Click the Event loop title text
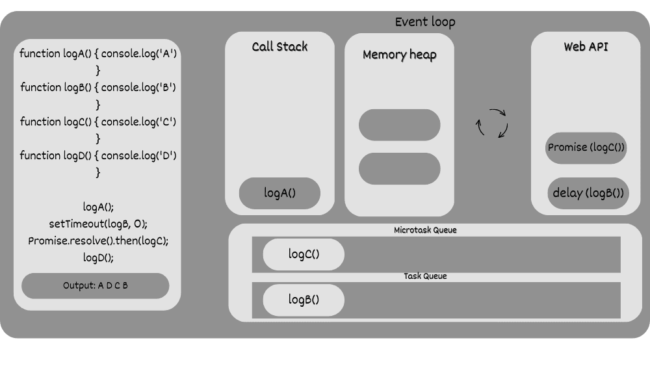425,22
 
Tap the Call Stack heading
279,47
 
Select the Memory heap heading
399,55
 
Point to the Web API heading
586,47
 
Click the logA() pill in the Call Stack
279,193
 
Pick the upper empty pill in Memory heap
399,125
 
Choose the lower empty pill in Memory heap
399,168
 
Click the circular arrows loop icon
491,123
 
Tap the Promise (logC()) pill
586,148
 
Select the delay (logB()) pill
588,193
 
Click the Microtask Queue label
425,230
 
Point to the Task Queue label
425,276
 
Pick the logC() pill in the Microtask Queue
304,254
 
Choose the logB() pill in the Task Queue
304,300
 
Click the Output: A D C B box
95,285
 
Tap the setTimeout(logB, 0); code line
98,224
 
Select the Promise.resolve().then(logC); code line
98,241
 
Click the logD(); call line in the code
98,257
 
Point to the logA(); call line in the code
98,207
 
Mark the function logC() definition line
98,122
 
